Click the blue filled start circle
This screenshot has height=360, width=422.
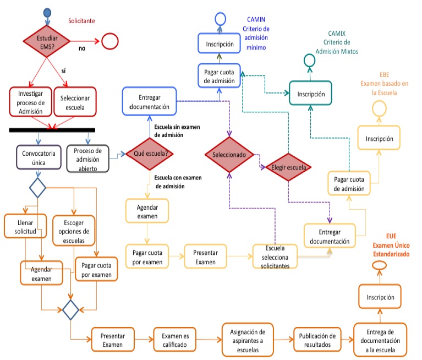click(47, 12)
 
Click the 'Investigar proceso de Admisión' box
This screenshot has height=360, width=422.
click(30, 102)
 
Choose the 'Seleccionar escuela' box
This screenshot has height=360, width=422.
click(75, 102)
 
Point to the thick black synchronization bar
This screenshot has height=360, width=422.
click(52, 130)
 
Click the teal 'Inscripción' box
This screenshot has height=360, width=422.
click(311, 94)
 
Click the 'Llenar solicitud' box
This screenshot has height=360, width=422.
click(25, 227)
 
